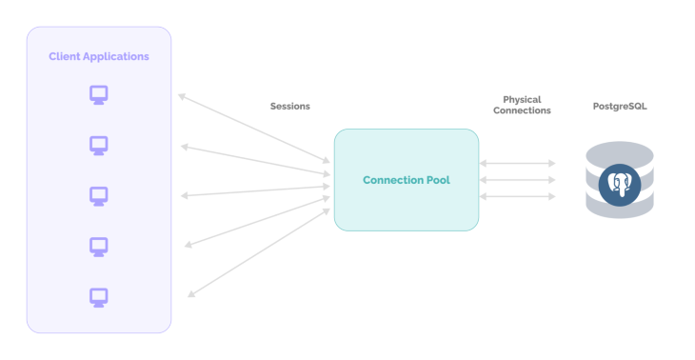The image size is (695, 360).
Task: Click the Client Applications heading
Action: pos(99,56)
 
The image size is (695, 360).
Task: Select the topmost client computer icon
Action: pos(99,95)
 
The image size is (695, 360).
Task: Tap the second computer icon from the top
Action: pos(99,146)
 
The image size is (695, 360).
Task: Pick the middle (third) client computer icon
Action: pos(99,195)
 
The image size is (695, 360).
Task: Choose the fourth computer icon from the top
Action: pos(99,247)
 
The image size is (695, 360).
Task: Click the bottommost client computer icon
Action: pos(99,297)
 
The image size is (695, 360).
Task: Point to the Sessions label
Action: pos(290,107)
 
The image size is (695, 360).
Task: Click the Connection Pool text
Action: pos(407,180)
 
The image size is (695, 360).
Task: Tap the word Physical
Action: pos(522,99)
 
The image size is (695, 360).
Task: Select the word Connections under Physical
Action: pos(522,110)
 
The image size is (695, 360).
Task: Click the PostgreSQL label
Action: pos(620,107)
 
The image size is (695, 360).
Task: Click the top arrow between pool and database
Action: pos(518,164)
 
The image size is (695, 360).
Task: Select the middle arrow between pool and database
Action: pos(518,180)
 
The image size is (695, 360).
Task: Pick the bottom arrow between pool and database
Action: pos(518,196)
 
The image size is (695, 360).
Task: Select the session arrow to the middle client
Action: pos(255,190)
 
